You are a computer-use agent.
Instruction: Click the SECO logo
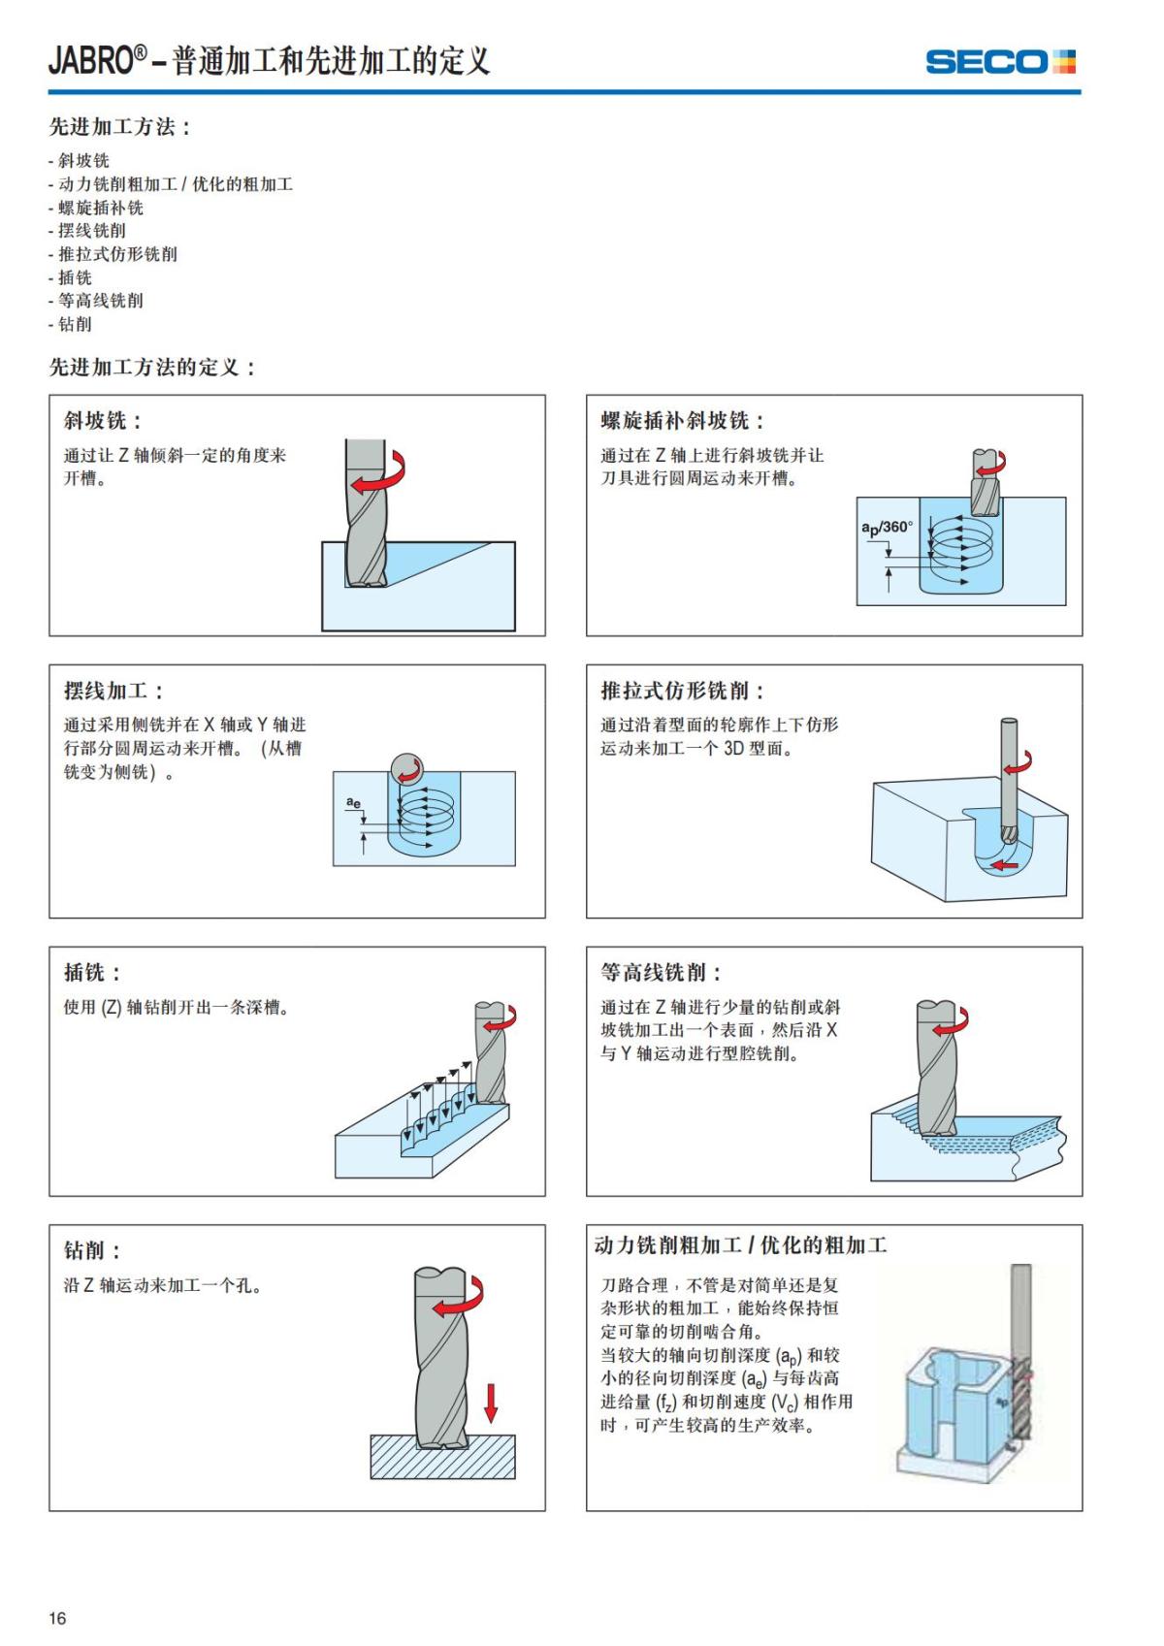[1000, 62]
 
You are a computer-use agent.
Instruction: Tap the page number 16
[58, 1618]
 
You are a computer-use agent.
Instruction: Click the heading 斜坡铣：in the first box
[103, 421]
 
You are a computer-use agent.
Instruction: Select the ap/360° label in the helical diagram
[887, 528]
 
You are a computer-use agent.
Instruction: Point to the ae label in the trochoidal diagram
[354, 802]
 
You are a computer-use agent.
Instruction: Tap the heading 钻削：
[92, 1251]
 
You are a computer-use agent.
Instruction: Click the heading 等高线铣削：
[662, 972]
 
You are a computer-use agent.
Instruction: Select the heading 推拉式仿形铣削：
[683, 691]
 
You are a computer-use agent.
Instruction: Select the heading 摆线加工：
[113, 691]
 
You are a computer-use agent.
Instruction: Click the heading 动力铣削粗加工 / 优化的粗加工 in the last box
[740, 1245]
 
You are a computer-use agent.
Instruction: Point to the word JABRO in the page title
[90, 61]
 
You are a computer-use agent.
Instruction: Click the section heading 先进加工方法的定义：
[152, 368]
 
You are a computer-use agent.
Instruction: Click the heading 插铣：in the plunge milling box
[92, 972]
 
